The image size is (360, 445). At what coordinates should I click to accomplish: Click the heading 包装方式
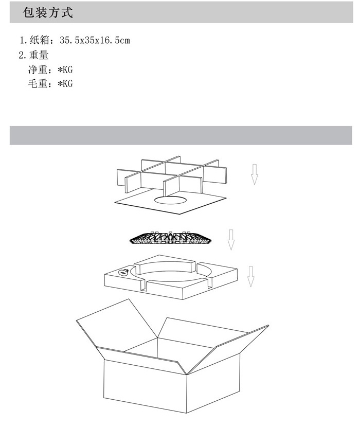point(48,12)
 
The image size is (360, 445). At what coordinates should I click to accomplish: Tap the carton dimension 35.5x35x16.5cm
point(95,40)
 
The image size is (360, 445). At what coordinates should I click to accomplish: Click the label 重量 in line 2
point(39,55)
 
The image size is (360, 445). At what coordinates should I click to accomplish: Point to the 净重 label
point(38,69)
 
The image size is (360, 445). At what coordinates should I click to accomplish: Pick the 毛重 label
point(38,83)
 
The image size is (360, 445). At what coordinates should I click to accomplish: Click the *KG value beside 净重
point(65,69)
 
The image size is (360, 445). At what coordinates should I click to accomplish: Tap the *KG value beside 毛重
point(65,83)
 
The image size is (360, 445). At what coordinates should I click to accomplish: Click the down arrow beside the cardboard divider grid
point(255,174)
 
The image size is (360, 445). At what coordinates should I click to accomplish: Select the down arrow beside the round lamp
point(231,240)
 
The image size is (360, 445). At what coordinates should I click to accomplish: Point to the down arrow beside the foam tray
point(251,276)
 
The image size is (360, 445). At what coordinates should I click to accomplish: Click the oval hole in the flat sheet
point(171,200)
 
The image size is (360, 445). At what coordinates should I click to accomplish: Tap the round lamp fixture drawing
point(170,238)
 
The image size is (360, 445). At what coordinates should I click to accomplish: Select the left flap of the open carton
point(116,324)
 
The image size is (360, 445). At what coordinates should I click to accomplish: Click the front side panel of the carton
point(145,386)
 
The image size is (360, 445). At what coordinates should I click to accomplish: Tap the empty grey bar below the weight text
point(181,135)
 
